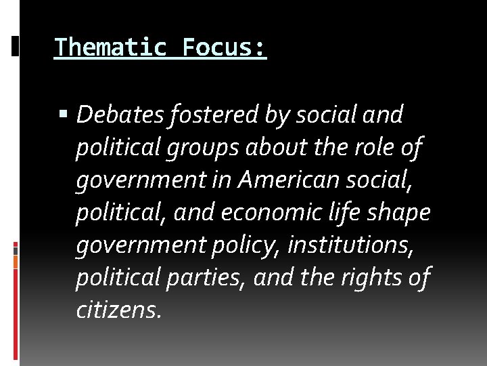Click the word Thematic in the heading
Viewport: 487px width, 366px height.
(110, 47)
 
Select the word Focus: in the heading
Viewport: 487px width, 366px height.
(225, 47)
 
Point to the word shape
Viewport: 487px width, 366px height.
(407, 213)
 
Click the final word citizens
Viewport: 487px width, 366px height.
(118, 310)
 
